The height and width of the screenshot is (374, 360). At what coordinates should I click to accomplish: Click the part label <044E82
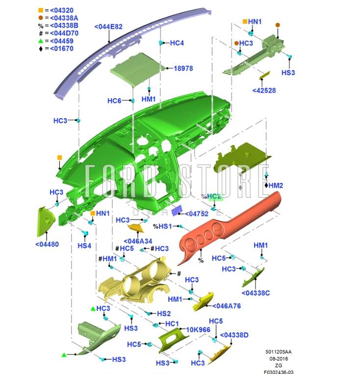tap(108, 26)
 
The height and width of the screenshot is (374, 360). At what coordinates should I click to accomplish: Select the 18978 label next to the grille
tap(183, 69)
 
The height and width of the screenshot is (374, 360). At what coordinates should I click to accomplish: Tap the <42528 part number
tap(264, 90)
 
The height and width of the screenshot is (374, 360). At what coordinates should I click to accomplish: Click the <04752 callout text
tap(196, 214)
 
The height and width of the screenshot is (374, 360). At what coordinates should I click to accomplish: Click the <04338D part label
tap(234, 335)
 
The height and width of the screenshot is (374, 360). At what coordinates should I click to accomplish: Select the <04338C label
tap(256, 293)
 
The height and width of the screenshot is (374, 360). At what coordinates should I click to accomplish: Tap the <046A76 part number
tap(226, 306)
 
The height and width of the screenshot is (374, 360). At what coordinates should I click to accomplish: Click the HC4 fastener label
tap(177, 43)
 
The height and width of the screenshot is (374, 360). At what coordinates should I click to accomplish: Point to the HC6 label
tap(114, 101)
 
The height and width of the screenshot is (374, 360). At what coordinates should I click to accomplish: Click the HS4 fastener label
tap(85, 245)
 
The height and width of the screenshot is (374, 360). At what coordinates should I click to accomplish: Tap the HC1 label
tap(172, 324)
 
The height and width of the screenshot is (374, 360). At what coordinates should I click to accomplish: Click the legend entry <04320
tap(59, 10)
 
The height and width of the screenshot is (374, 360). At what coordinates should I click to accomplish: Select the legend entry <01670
tap(59, 49)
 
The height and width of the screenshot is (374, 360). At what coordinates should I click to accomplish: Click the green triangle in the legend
tap(41, 41)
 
